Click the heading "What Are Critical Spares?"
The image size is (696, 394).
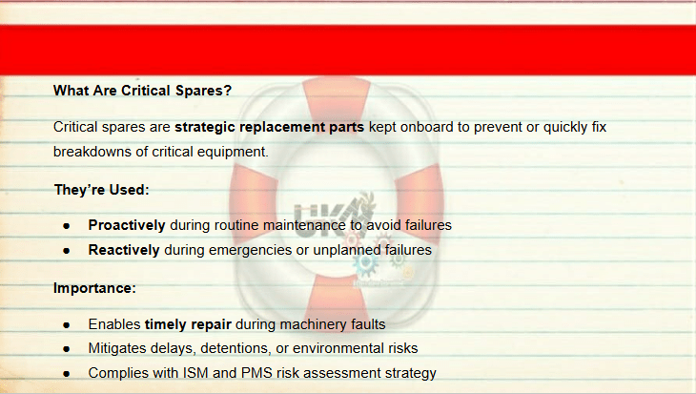pyautogui.click(x=142, y=91)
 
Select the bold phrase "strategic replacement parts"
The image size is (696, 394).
pyautogui.click(x=270, y=127)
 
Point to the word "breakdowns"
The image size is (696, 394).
pyautogui.click(x=92, y=152)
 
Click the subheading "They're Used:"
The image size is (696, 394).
pyautogui.click(x=102, y=190)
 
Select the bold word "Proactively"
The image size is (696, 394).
pyautogui.click(x=127, y=225)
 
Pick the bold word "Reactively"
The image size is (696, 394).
pyautogui.click(x=124, y=250)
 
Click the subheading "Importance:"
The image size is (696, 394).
pyautogui.click(x=94, y=288)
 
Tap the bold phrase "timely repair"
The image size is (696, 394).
pyautogui.click(x=188, y=324)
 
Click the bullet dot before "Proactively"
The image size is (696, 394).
pyautogui.click(x=67, y=226)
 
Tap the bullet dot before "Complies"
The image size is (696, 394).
pyautogui.click(x=67, y=374)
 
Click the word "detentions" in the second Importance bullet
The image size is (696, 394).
pyautogui.click(x=236, y=348)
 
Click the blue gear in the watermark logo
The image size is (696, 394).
pyautogui.click(x=366, y=262)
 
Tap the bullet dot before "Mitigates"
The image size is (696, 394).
pyautogui.click(x=67, y=349)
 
